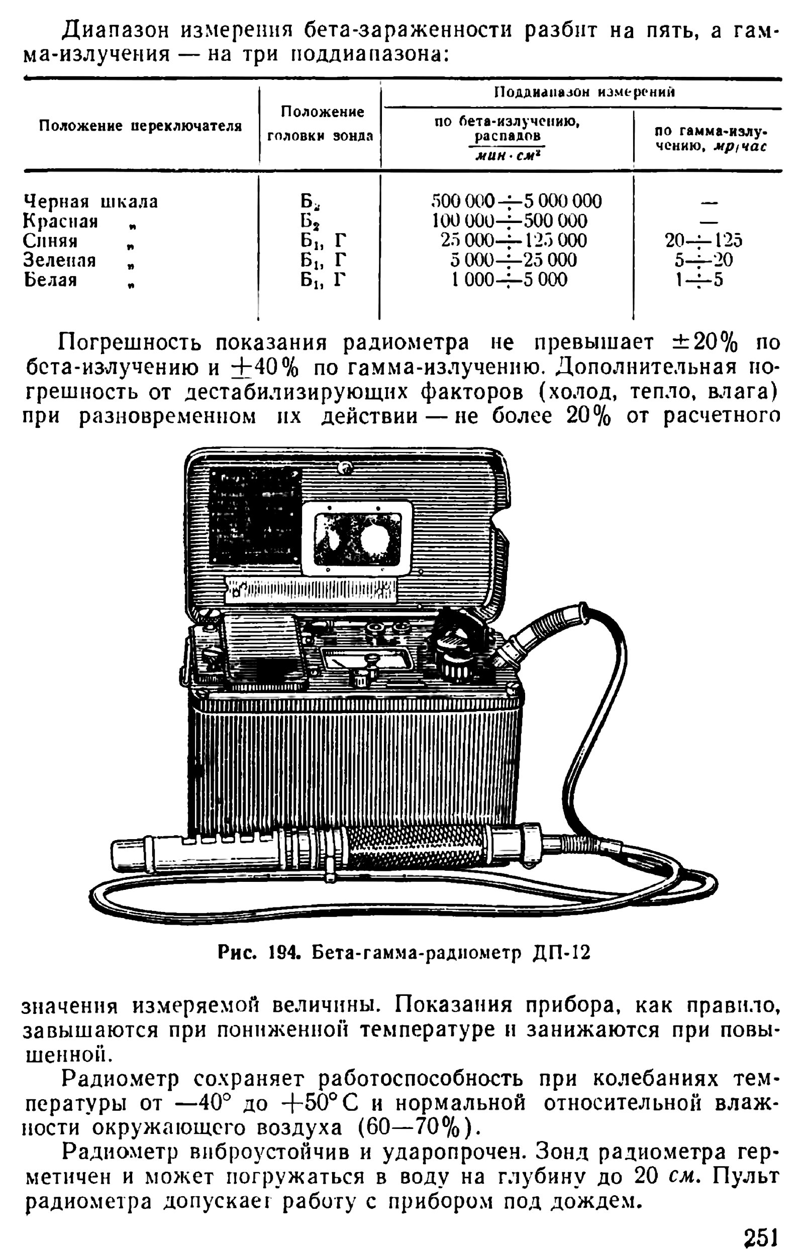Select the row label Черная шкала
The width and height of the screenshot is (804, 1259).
90,201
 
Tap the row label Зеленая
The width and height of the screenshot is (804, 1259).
60,260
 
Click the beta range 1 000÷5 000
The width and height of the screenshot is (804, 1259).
509,280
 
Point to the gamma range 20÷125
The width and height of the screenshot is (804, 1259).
703,241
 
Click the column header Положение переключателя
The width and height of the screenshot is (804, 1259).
140,127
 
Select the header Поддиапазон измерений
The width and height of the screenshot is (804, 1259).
584,92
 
